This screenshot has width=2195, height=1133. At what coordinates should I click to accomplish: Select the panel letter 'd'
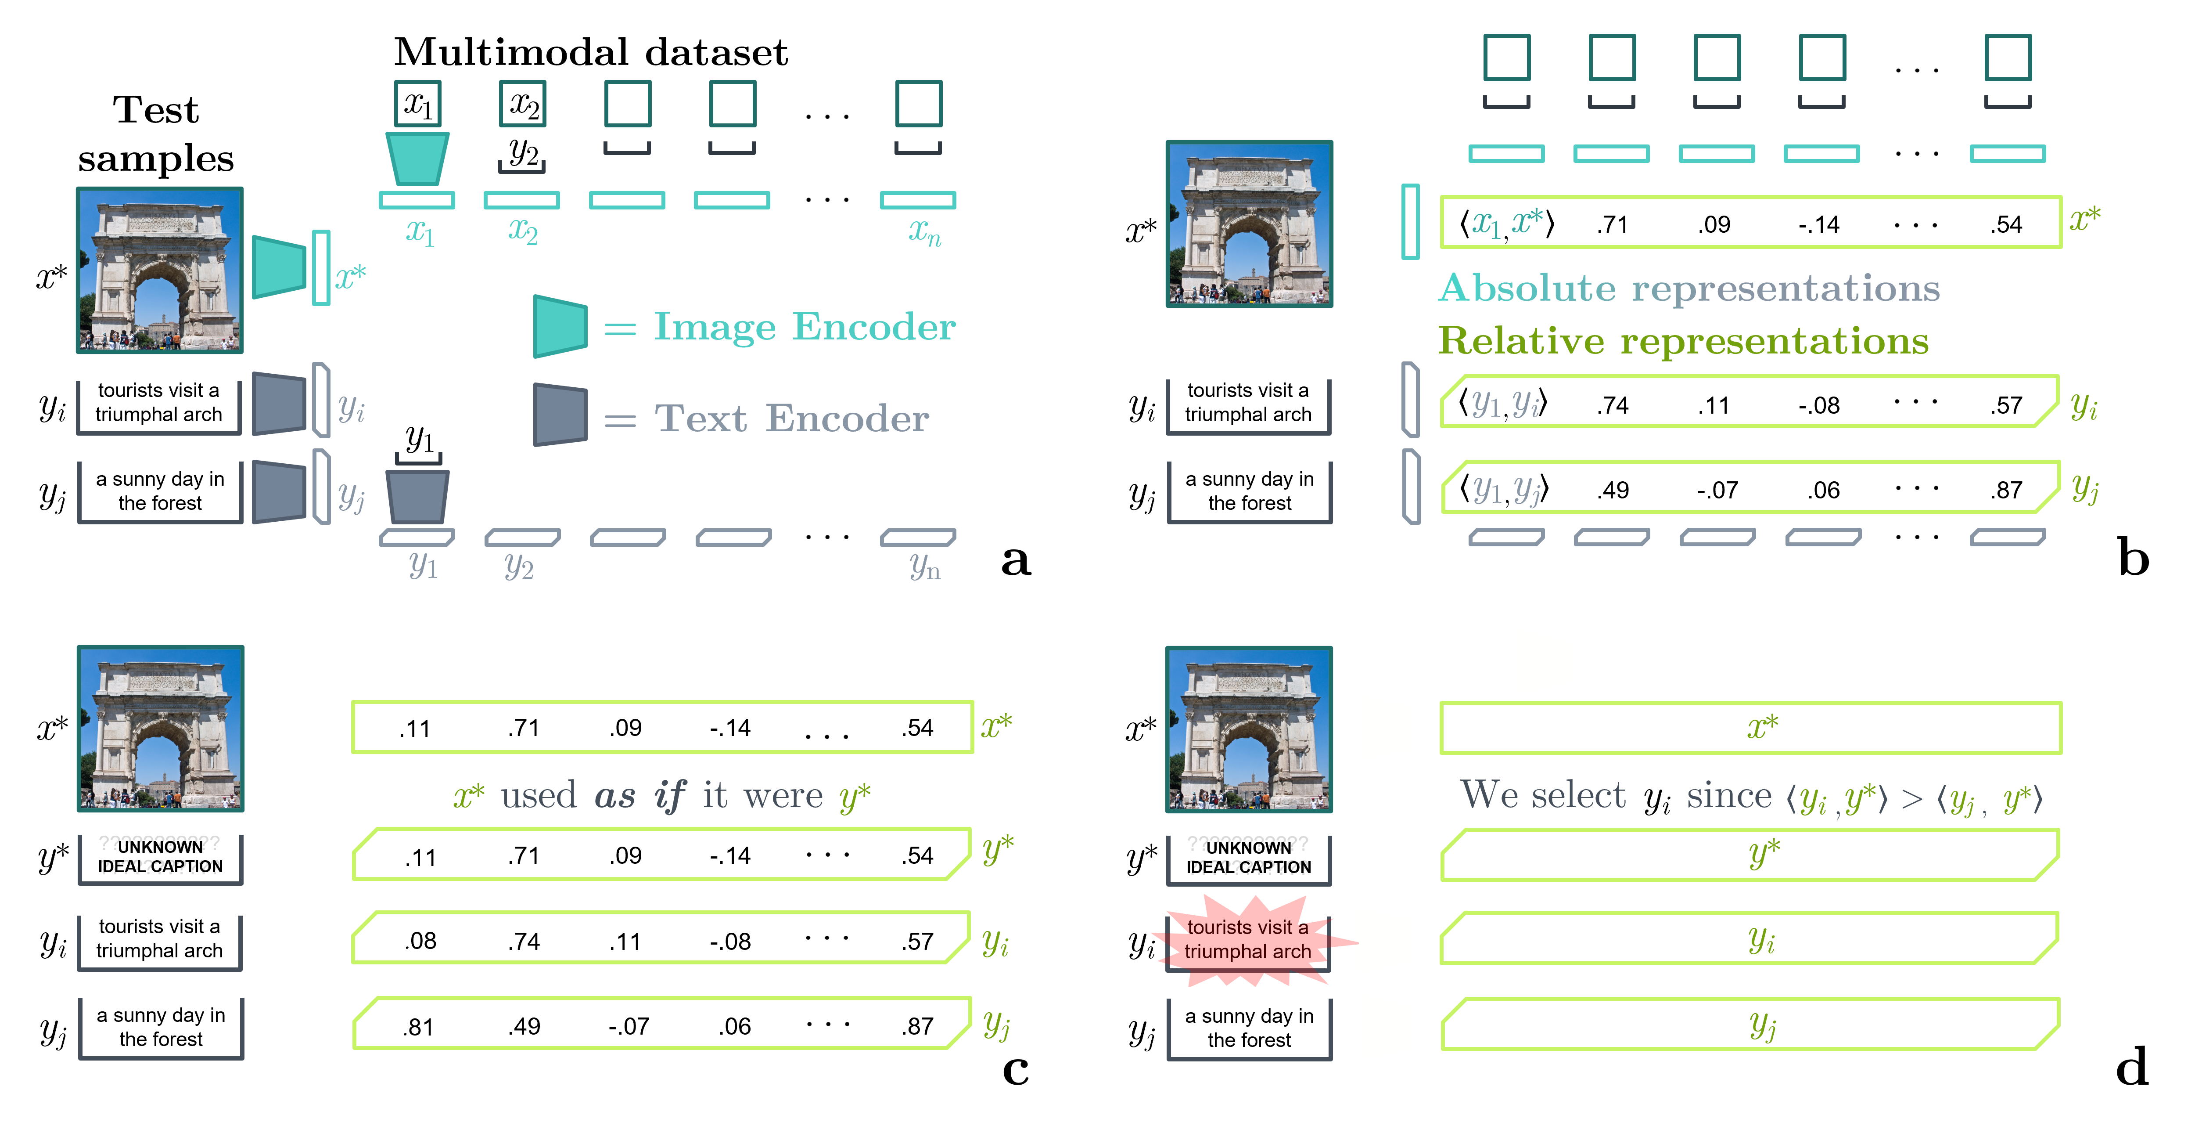(x=2132, y=1068)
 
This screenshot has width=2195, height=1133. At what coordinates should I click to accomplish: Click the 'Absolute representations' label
(x=1689, y=288)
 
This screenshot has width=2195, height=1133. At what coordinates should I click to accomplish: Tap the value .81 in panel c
(x=418, y=1026)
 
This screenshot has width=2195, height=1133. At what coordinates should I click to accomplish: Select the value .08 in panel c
(x=420, y=941)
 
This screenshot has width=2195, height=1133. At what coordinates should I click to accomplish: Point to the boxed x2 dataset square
(x=522, y=104)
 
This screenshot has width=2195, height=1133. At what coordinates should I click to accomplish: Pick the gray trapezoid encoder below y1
(x=417, y=496)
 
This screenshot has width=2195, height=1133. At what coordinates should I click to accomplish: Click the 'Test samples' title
(x=156, y=134)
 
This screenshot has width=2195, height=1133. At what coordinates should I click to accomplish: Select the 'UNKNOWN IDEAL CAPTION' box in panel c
(x=160, y=858)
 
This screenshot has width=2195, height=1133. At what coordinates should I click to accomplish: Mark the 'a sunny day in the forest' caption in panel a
(x=160, y=491)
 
